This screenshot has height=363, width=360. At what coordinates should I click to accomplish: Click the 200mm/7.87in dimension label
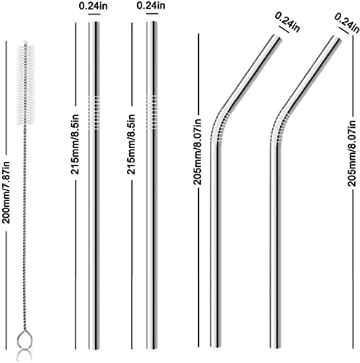pos(6,192)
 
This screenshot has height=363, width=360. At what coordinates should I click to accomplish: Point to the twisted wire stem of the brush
pos(25,227)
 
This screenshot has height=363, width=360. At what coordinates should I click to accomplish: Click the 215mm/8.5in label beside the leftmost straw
pos(75,144)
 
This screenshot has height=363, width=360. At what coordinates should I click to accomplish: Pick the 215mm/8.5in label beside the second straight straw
pos(131,144)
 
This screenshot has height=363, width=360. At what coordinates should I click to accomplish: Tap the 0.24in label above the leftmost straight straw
pos(94,7)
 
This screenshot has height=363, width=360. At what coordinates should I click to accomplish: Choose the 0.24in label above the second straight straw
pos(151,6)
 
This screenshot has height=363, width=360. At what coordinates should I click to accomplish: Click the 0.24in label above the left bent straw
pos(287,22)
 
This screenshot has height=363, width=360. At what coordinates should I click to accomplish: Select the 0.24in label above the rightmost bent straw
pos(347,23)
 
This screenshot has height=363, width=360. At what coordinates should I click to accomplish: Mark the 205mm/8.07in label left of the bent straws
pos(197,152)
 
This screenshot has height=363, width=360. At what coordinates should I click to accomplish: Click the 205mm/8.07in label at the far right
pos(351,153)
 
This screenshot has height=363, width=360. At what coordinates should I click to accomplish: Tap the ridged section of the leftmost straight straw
pos(94,113)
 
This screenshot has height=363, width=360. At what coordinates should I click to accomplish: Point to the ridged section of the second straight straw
pos(152,112)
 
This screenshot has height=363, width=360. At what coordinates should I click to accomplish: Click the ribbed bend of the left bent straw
pos(220,128)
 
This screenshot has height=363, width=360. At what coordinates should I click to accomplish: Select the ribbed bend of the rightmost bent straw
pos(279,128)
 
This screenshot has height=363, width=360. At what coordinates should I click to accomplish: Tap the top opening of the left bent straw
pos(277,37)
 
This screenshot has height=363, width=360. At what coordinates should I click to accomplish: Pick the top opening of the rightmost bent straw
pos(336,38)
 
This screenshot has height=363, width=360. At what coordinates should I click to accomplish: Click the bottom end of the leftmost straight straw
pos(94,348)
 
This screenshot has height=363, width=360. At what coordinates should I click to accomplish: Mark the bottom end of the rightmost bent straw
pos(276,347)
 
